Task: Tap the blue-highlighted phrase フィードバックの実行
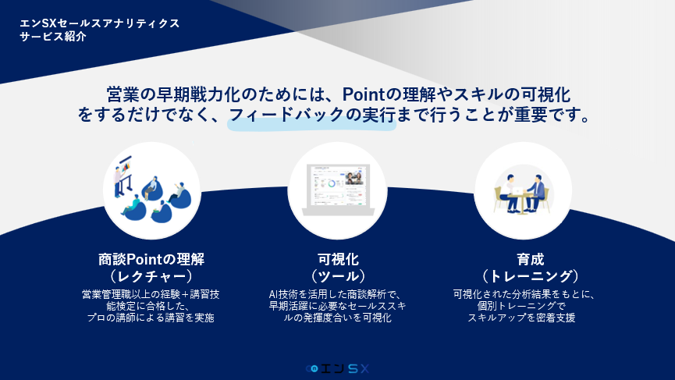pos(311,115)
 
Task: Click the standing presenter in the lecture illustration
pos(118,182)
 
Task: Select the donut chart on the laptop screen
pos(332,184)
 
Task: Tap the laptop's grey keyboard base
pos(338,211)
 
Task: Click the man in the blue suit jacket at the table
pos(535,194)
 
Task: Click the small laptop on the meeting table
pos(517,190)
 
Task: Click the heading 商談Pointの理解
pos(151,260)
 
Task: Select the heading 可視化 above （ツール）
pos(338,260)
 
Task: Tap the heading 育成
pos(531,260)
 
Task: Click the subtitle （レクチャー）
pos(151,276)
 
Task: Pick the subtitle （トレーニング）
pos(531,276)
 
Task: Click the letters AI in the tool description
pos(273,294)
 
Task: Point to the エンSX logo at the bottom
pos(337,368)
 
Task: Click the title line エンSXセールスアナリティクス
pos(99,23)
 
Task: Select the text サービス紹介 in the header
pos(53,37)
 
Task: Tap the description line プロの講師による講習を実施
pos(151,318)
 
